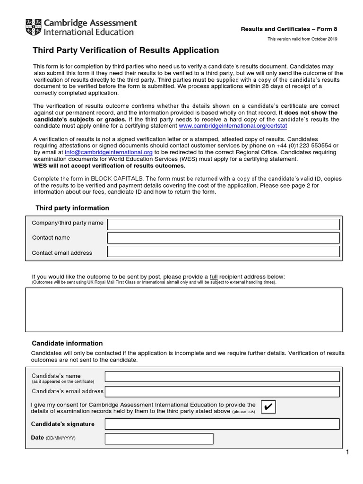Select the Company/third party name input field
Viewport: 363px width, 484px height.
(x=223, y=224)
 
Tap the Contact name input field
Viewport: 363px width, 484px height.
(x=223, y=238)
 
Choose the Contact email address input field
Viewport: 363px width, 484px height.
(x=223, y=251)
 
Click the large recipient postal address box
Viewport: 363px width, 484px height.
(x=183, y=310)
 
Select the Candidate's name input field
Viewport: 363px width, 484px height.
(x=222, y=376)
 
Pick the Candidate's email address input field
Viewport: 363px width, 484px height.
(x=222, y=391)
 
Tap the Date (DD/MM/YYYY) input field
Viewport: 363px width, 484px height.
(x=159, y=439)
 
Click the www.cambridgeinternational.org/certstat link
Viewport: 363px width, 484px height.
(x=233, y=126)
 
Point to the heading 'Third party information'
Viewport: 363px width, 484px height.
(x=72, y=208)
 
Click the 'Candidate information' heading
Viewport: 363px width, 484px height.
(x=67, y=343)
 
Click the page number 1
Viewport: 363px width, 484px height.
(x=347, y=453)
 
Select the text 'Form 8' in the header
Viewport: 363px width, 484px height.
(x=327, y=29)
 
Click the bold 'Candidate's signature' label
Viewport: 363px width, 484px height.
(x=63, y=424)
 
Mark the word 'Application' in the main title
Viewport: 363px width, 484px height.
(x=197, y=51)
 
